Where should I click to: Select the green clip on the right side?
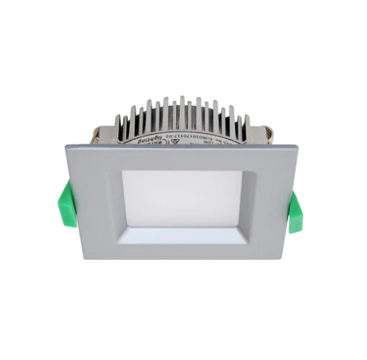click(296, 211)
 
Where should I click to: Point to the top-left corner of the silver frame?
click(67, 145)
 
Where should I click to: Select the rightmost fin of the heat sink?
click(248, 125)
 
